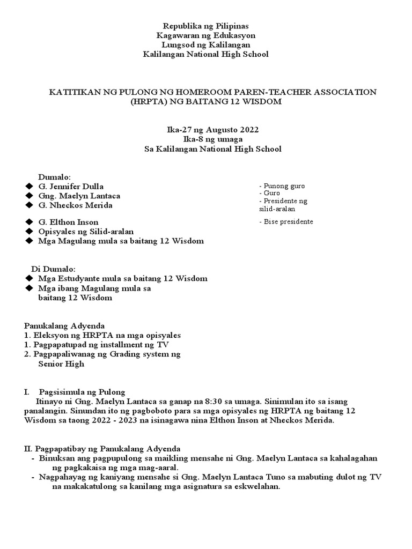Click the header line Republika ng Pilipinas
tap(205, 25)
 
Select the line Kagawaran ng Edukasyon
tap(205, 35)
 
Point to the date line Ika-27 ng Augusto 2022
tap(205, 130)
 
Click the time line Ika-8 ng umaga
tap(205, 139)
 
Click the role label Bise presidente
tap(286, 221)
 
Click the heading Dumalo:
tap(54, 177)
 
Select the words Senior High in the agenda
tap(61, 364)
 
